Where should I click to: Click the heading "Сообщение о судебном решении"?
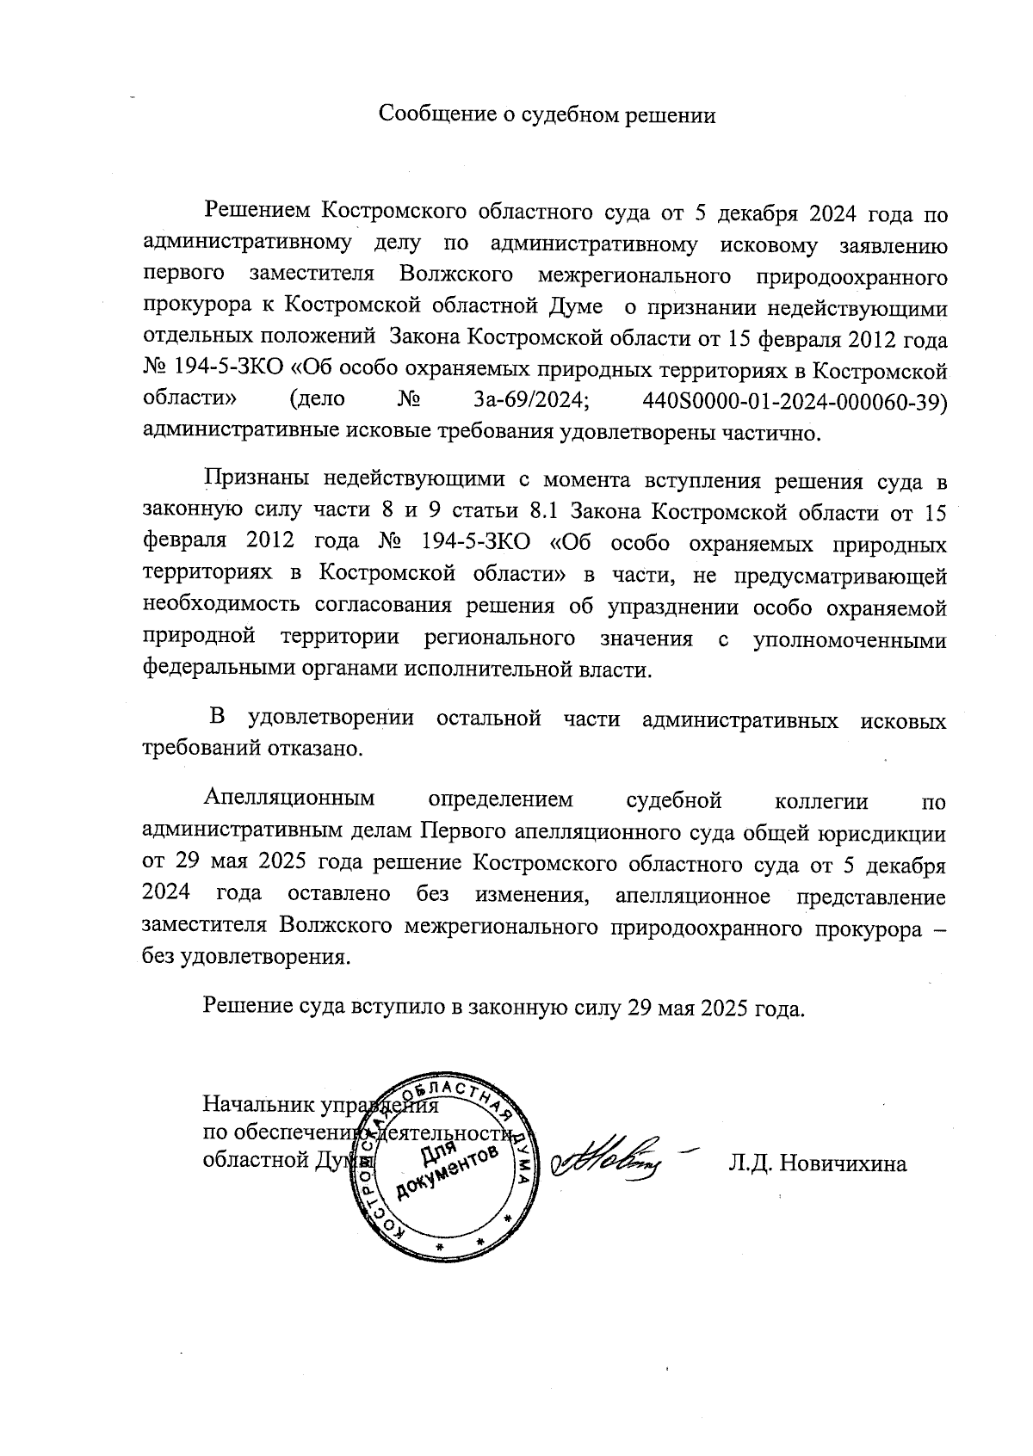[x=548, y=114]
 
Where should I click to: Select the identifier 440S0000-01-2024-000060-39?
[x=795, y=400]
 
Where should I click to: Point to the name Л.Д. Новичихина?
[x=817, y=1164]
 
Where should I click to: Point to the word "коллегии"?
[x=821, y=801]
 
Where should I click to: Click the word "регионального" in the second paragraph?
[x=499, y=639]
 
